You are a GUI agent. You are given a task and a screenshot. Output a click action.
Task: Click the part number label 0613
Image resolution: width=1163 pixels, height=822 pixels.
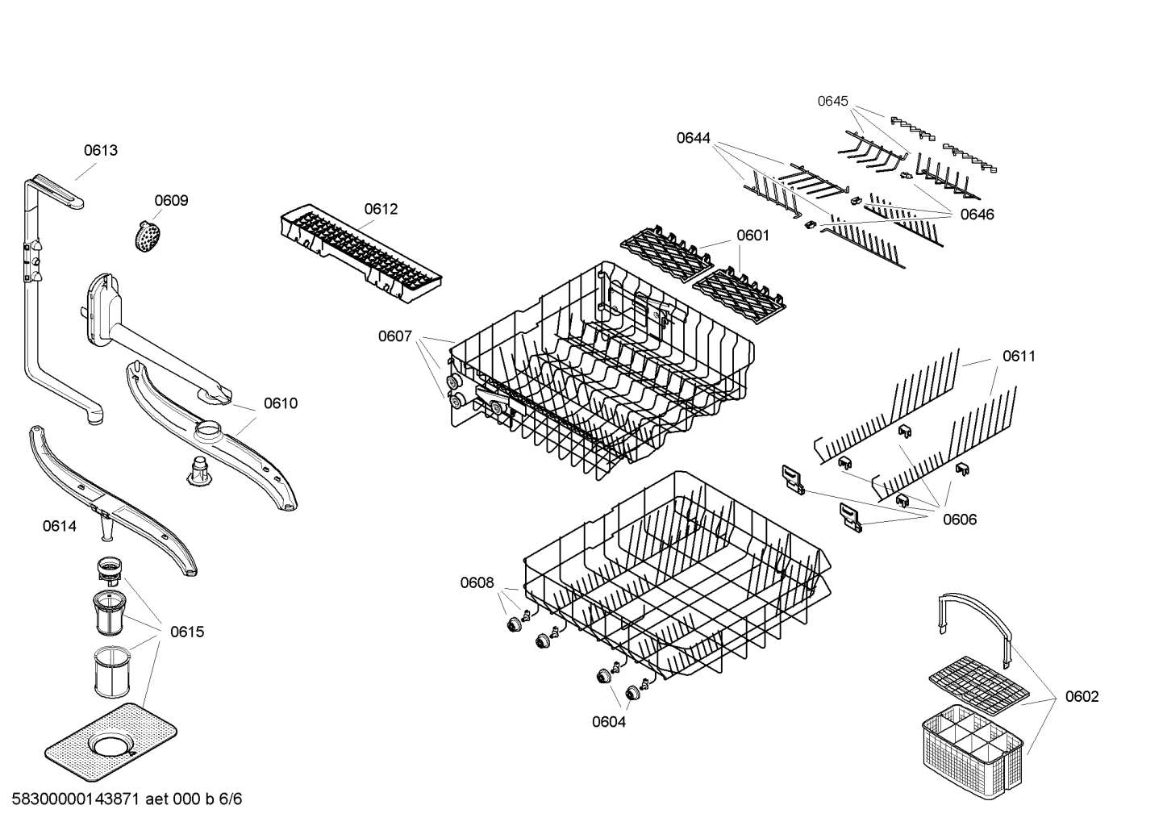pos(101,150)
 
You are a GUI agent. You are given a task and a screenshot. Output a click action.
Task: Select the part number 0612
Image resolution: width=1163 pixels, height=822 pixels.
pos(381,209)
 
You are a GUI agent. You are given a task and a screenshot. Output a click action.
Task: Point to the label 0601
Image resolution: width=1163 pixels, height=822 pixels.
pos(752,236)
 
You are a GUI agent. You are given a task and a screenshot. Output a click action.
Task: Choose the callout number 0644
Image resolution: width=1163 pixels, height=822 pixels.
pos(693,138)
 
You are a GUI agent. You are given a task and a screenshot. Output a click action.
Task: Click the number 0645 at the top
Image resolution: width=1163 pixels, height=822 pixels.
pos(832,101)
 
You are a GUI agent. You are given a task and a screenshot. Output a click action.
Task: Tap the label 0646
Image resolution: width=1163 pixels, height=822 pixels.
pos(977,215)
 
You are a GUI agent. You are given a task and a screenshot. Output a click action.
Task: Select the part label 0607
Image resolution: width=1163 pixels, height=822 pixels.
pos(395,336)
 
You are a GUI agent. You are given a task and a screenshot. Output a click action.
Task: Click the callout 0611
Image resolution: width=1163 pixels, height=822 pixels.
pos(1019,356)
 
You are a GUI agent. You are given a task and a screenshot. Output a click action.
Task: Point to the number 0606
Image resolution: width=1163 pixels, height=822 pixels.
pos(960,519)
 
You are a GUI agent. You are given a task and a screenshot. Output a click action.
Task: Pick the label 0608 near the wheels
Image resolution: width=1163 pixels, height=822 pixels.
pos(477,582)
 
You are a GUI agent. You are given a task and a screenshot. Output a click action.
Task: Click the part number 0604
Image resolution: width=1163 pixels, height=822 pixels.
pos(609,722)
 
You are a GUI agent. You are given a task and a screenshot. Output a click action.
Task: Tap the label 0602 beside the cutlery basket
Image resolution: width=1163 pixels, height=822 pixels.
pos(1082,696)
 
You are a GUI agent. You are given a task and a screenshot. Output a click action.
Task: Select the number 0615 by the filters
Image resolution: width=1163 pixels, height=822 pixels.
pos(187,632)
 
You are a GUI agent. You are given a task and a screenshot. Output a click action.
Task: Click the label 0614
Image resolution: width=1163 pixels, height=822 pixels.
pos(60,527)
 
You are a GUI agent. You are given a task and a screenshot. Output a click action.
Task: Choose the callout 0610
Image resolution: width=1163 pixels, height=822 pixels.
pos(281,403)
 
